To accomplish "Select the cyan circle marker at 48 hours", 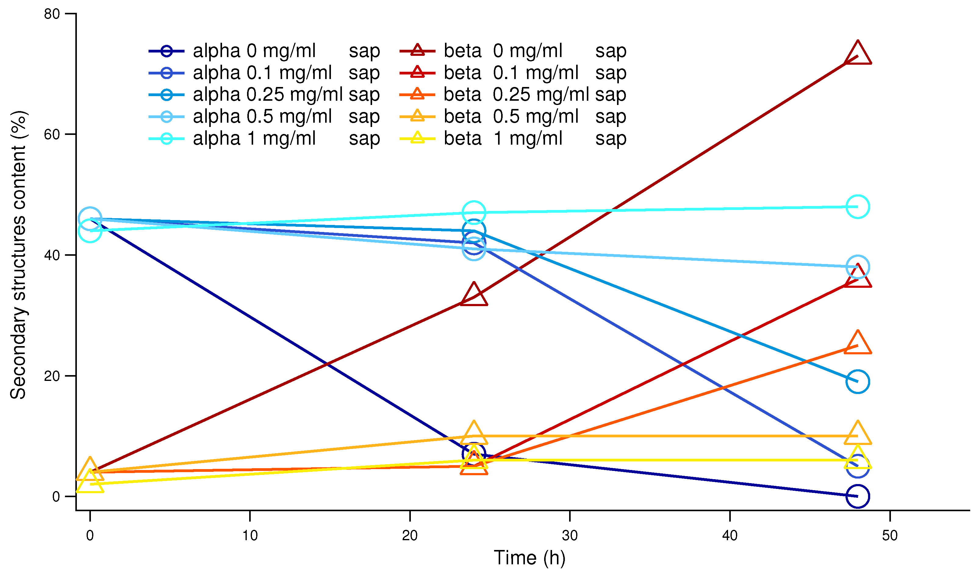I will click(858, 207).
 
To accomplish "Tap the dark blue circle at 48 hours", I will click(858, 496).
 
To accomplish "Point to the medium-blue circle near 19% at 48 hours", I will click(858, 381).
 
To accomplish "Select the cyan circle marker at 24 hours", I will click(474, 213).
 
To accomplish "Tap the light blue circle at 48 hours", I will click(858, 266).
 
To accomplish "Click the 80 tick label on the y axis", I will click(52, 14).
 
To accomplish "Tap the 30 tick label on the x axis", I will click(570, 536).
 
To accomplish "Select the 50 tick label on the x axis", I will click(890, 536).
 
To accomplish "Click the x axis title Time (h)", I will click(529, 558).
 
